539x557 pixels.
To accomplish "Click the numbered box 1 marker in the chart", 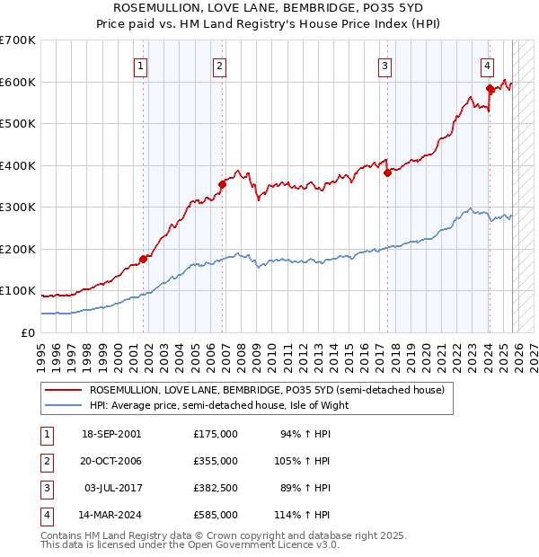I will [142, 65].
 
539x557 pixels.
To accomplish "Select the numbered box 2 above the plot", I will [220, 65].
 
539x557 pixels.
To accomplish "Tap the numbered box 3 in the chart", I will [384, 65].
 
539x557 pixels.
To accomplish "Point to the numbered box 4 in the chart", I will [486, 65].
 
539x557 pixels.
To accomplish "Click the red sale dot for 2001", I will [143, 260].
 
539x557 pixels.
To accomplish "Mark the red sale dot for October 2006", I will [221, 185].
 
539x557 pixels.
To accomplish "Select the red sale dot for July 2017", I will [386, 173].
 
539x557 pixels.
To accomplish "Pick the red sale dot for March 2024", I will [490, 89].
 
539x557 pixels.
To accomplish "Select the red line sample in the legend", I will [64, 391].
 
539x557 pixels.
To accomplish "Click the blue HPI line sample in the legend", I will [64, 405].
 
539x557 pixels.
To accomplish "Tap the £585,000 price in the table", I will [216, 515].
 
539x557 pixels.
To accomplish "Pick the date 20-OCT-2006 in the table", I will [110, 461].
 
